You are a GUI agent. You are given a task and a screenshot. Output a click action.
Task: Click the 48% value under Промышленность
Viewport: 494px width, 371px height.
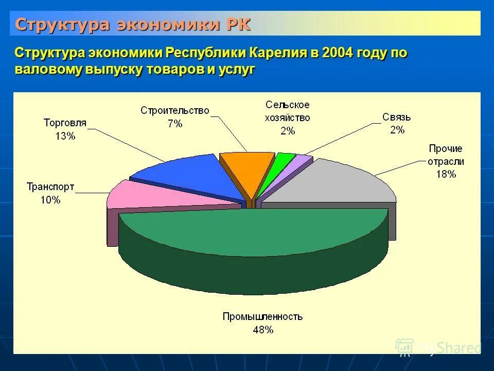pos(262,330)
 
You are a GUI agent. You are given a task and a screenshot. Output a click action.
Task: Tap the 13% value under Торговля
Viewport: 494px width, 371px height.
pos(65,136)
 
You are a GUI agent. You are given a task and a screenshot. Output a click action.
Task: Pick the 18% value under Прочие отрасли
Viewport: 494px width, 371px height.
pos(446,174)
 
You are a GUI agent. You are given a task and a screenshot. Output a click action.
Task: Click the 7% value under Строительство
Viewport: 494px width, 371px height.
pos(175,124)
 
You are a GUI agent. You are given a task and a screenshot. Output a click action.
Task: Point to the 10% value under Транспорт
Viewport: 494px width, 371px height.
pos(50,200)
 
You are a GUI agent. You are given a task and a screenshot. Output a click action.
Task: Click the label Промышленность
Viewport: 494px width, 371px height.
pos(262,316)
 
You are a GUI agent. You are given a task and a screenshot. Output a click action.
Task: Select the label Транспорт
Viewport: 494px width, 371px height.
pos(50,187)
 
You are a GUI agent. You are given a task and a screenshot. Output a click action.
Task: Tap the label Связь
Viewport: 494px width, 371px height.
pos(396,117)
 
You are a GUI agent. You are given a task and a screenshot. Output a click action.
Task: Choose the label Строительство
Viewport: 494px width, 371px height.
pos(175,110)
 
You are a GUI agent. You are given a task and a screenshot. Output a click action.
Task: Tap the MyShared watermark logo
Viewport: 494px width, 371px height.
pos(437,348)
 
